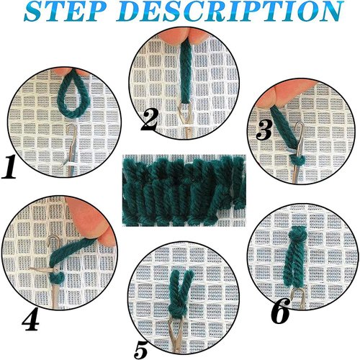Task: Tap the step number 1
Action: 10,168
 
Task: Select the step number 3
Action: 264,129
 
